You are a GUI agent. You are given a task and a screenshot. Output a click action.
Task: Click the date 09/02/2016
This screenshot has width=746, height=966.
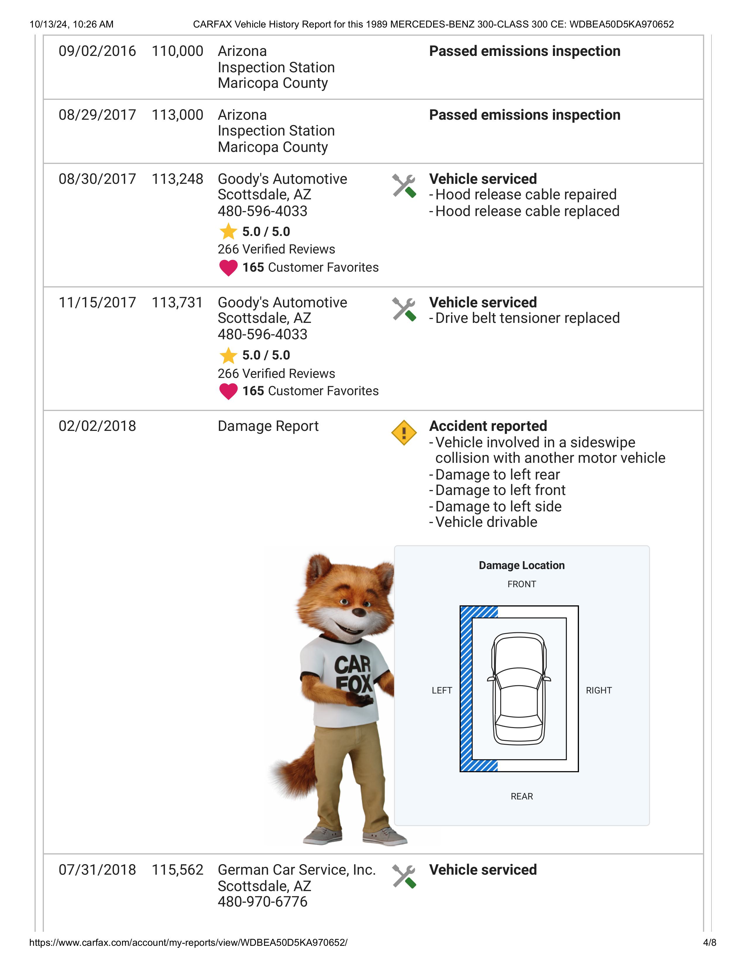pos(97,51)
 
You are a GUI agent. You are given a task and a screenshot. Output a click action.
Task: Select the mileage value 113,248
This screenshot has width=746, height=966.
pos(177,179)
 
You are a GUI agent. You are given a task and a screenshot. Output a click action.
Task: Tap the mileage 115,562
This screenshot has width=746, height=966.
pos(177,870)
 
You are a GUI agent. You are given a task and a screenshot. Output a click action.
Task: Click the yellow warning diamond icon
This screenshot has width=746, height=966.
pos(404,433)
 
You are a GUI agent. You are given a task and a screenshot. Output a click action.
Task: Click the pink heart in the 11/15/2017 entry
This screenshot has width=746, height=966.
pos(228,391)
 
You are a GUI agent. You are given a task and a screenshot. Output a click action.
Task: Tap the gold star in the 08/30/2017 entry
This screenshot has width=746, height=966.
pos(228,231)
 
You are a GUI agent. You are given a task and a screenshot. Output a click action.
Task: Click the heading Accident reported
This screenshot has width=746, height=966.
pos(488,426)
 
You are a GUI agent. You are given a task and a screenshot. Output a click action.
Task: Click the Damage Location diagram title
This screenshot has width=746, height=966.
pos(522,565)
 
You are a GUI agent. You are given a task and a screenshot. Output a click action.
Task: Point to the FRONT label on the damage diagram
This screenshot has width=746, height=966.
pos(522,584)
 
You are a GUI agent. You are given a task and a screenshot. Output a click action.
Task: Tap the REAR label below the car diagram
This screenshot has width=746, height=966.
pos(522,797)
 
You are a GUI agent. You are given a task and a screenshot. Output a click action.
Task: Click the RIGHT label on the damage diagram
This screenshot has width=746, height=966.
pos(598,691)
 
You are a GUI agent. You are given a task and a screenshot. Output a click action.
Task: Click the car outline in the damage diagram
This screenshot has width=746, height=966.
pos(519,689)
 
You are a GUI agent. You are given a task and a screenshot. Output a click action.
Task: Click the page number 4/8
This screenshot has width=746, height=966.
pos(709,943)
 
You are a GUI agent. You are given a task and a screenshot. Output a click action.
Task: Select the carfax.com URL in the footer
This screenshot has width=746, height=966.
pos(188,943)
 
